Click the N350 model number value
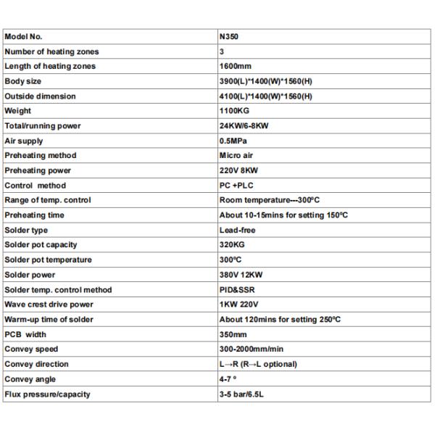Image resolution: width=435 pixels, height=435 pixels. tap(228, 37)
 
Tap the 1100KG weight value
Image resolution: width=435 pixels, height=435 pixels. tap(233, 111)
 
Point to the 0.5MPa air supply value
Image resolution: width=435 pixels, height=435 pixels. tap(233, 141)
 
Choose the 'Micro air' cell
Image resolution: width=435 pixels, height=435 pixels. tap(236, 156)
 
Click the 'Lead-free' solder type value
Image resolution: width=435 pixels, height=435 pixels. tap(237, 231)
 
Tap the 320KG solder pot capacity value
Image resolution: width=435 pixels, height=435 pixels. tap(231, 245)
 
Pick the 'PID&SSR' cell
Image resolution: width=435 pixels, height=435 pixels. tap(236, 290)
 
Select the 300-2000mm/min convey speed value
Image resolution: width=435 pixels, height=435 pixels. tap(252, 349)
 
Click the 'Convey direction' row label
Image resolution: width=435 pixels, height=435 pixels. tap(36, 364)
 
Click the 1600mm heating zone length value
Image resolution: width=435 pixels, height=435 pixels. tap(233, 67)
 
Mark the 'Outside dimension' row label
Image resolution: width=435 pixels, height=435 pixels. tap(40, 96)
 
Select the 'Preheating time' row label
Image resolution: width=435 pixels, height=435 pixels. tap(35, 215)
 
